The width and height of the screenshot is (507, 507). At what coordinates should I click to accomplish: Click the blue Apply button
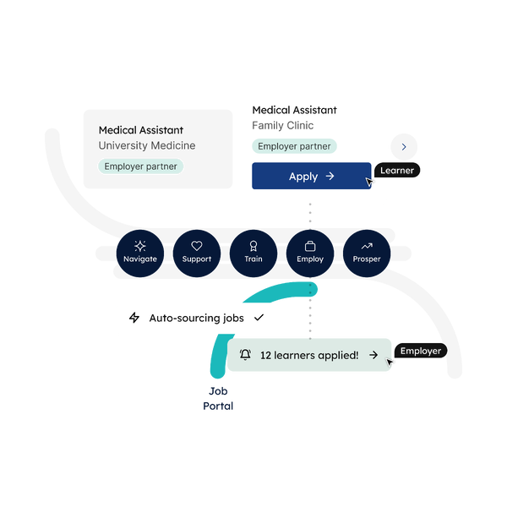tap(311, 176)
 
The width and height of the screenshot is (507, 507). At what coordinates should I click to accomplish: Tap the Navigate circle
tap(140, 253)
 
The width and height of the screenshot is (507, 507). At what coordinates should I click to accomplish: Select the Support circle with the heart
tap(197, 253)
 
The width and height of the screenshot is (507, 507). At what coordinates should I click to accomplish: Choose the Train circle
tap(253, 253)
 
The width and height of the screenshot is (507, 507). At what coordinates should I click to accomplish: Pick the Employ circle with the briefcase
tap(310, 253)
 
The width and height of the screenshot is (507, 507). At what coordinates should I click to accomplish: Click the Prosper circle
tap(367, 253)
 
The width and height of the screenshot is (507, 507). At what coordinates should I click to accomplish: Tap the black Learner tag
tap(397, 170)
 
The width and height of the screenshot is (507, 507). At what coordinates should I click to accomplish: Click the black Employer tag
tap(421, 351)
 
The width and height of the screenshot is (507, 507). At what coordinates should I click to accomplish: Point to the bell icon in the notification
tap(245, 355)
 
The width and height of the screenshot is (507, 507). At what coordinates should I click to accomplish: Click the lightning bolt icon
tap(134, 318)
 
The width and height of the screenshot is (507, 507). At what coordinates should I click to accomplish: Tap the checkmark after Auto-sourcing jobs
tap(259, 318)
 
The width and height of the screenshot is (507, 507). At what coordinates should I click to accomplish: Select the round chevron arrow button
tap(404, 147)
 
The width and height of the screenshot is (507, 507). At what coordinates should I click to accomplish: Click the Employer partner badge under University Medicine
tap(140, 166)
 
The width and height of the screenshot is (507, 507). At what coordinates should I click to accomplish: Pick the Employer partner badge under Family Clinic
tap(294, 146)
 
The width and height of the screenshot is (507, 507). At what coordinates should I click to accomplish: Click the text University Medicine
tap(147, 145)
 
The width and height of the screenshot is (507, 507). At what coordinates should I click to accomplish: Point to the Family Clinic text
tap(283, 125)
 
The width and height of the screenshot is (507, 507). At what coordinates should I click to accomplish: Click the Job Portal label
tap(218, 398)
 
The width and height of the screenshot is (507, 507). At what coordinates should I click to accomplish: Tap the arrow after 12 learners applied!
tap(373, 355)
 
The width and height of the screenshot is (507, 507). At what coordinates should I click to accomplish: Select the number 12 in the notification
tap(265, 356)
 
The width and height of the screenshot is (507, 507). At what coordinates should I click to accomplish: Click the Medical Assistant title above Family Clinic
tap(295, 110)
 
